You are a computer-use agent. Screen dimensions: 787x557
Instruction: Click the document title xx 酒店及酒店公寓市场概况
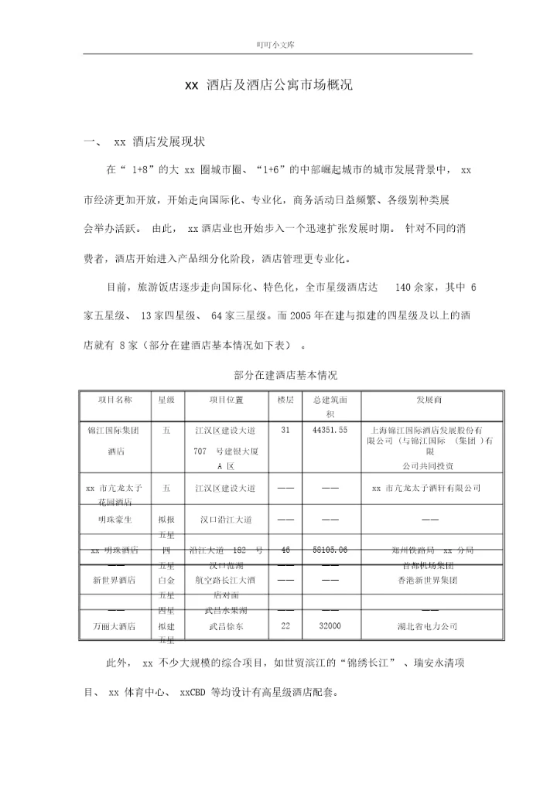(268, 86)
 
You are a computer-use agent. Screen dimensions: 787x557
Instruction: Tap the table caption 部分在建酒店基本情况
(285, 376)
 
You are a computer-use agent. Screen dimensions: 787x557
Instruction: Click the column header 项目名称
(115, 400)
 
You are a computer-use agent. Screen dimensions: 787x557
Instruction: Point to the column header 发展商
(429, 400)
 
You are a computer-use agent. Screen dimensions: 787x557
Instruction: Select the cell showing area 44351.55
(330, 430)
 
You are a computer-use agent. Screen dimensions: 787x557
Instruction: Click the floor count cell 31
(285, 430)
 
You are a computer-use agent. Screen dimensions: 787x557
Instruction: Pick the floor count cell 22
(285, 626)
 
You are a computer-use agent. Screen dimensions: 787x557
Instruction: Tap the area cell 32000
(330, 626)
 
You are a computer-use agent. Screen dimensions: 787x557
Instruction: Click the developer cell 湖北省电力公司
(428, 626)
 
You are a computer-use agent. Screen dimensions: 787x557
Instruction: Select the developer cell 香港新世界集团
(428, 580)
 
